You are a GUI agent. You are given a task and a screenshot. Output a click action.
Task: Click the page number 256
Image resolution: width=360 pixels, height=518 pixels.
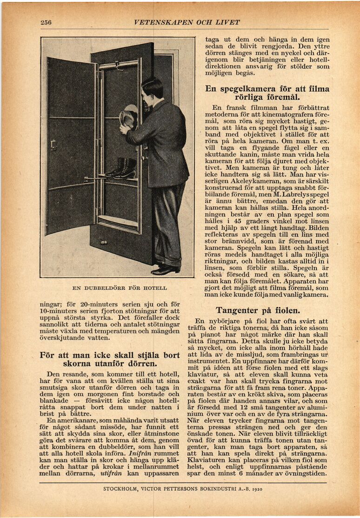click(x=46, y=22)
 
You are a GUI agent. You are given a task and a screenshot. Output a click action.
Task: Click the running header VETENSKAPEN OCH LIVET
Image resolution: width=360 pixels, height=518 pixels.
click(x=187, y=22)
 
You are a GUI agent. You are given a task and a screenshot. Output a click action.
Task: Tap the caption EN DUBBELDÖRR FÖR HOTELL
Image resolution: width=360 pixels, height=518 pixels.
click(x=120, y=288)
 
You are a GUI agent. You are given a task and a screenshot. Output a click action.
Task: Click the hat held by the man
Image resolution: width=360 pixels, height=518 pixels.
click(x=128, y=118)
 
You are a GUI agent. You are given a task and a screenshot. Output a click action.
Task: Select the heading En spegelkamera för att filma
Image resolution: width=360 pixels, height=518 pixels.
click(x=267, y=89)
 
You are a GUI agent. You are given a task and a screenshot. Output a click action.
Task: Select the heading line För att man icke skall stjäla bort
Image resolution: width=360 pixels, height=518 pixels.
click(x=110, y=355)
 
